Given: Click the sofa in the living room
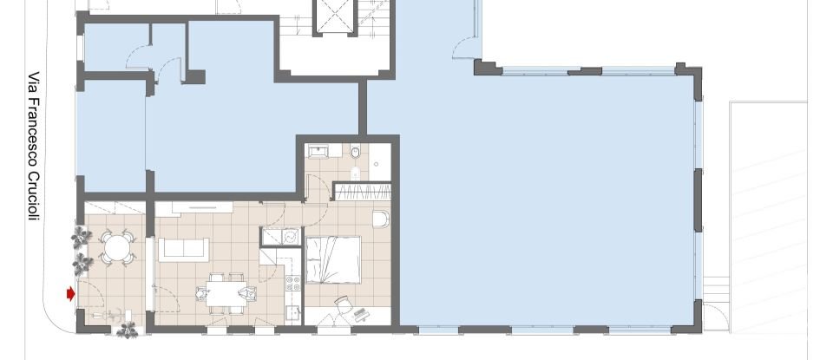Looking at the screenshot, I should click(x=182, y=248).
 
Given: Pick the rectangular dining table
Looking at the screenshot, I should click(x=226, y=294).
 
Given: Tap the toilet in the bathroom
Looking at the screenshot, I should click(x=355, y=154).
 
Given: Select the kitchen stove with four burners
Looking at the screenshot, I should click(x=294, y=285).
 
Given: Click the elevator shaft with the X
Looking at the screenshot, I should click(x=334, y=17).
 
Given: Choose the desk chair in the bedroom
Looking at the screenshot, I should click(x=344, y=304).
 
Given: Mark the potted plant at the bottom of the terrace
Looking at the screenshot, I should click(x=128, y=329).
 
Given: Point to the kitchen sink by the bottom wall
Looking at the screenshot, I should click(x=294, y=313).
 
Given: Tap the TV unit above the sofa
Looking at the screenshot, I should click(x=201, y=206).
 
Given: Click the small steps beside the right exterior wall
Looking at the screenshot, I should click(x=715, y=287).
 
